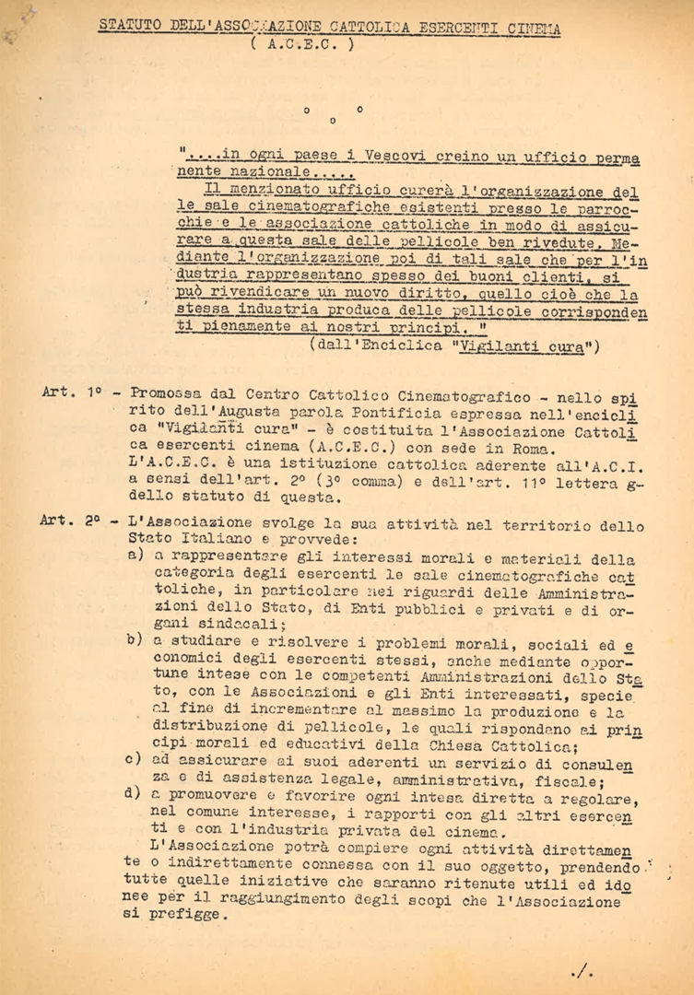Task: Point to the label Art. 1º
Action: [71, 392]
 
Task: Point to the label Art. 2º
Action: [71, 520]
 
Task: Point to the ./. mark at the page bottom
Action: [582, 971]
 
